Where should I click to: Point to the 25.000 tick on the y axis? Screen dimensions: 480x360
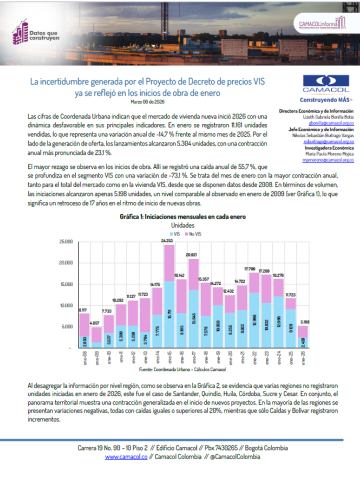[65, 243]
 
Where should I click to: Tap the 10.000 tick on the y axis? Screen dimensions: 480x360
[65, 307]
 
